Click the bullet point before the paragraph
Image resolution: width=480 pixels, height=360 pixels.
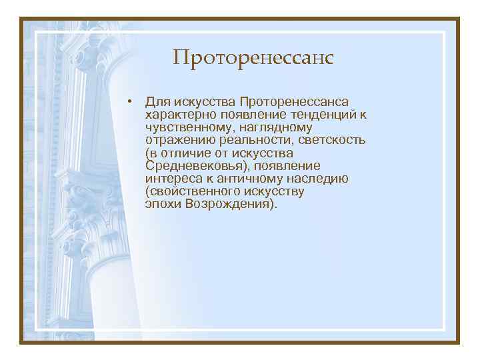tap(134, 101)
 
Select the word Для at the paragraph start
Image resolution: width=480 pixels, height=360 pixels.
tap(158, 102)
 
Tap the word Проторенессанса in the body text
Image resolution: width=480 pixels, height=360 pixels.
tap(294, 102)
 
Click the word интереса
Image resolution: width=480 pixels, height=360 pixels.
tap(170, 179)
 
